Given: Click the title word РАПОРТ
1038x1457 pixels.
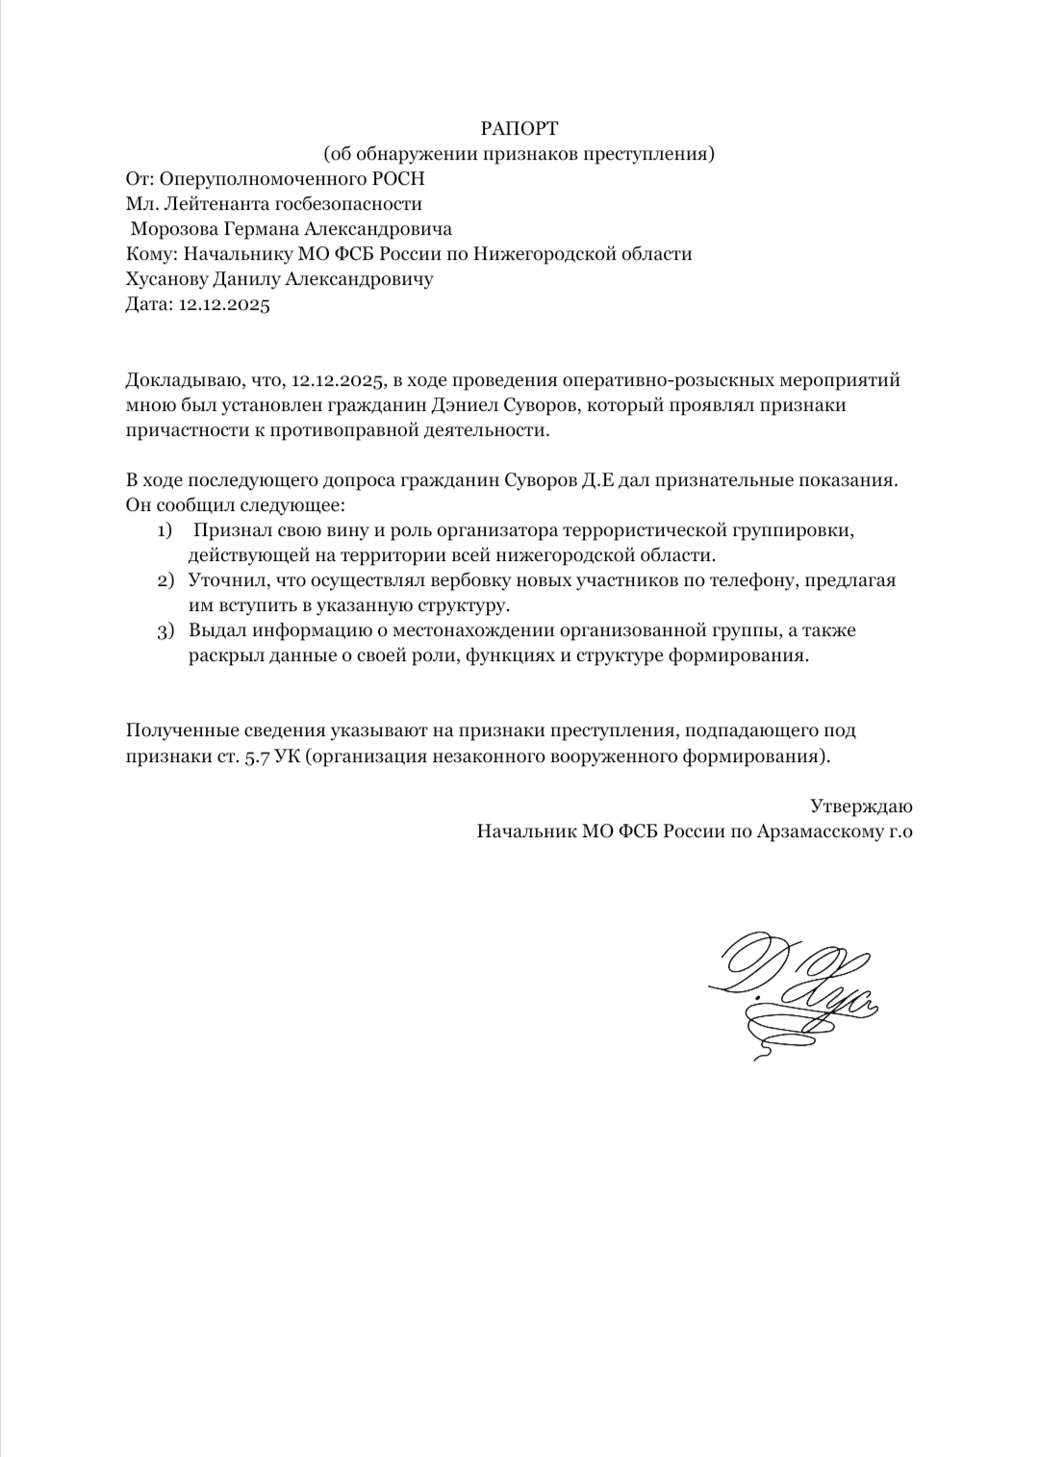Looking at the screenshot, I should (x=519, y=128).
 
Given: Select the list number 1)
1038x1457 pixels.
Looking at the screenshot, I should (x=165, y=530).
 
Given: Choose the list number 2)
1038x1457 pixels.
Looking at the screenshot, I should (x=165, y=580).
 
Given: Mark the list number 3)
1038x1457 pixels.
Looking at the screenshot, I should (x=165, y=631).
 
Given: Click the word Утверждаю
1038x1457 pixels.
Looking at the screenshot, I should (x=861, y=805).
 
